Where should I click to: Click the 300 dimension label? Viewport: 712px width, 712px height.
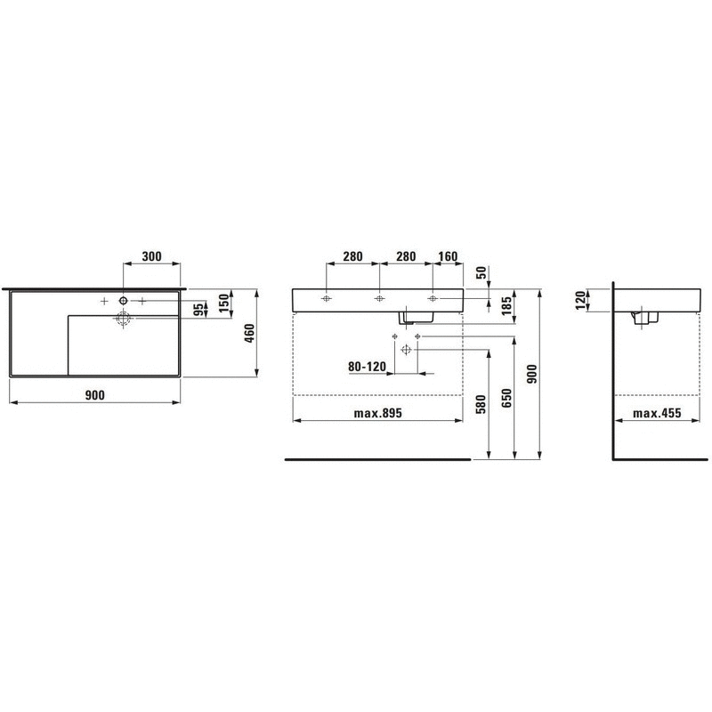tap(151, 256)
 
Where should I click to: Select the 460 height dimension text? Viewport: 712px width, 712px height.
tap(250, 333)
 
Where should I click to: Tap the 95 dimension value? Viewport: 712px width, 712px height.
tap(198, 310)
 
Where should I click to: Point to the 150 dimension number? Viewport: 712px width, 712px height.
tap(224, 303)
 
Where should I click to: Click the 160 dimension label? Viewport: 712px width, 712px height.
tap(448, 256)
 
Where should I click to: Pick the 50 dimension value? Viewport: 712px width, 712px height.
tap(481, 273)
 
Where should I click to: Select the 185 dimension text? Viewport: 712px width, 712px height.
tap(506, 305)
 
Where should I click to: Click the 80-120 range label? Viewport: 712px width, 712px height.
tap(367, 367)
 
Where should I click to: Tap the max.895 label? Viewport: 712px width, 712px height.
tap(377, 413)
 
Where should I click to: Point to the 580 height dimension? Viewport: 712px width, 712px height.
tap(481, 405)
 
